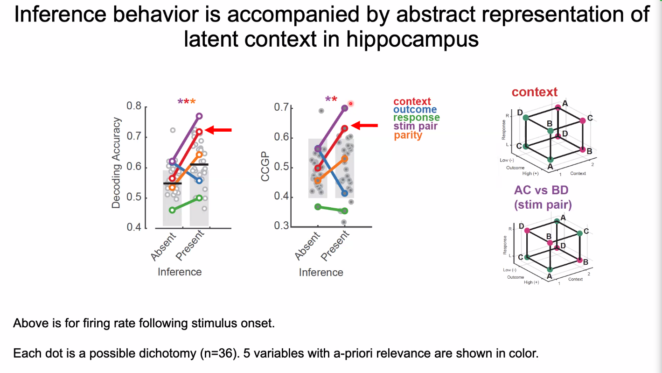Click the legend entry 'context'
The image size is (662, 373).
coord(412,101)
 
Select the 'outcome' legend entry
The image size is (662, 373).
coord(415,110)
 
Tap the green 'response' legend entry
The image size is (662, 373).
coord(416,118)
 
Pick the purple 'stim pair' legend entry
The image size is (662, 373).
coord(415,127)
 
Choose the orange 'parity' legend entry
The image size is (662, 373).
coord(408,135)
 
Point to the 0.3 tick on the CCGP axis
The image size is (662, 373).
coord(281,226)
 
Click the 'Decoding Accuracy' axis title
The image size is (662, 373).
coord(116,163)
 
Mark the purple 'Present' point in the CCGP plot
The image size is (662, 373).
coord(345,108)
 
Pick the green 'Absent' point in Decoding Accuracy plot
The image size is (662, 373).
coord(172,210)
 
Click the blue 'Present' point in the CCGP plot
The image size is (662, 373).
coord(345,193)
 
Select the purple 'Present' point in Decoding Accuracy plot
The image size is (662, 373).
coord(199,116)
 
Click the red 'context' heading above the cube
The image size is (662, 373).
coord(535,92)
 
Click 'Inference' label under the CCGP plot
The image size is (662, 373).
coord(321,273)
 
